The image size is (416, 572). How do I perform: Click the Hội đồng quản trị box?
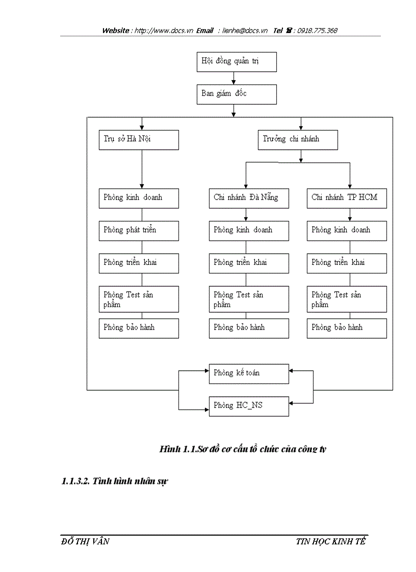click(237, 62)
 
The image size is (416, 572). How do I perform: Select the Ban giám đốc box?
click(237, 94)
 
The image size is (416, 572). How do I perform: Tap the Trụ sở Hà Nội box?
click(139, 140)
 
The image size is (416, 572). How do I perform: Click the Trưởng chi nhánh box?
click(298, 140)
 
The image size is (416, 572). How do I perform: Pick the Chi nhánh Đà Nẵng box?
click(249, 198)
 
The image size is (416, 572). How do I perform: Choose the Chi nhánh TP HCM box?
click(347, 198)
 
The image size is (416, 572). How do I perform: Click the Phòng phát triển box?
click(139, 230)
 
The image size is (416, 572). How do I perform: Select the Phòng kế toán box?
click(249, 373)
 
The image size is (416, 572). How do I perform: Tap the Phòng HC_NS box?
click(249, 406)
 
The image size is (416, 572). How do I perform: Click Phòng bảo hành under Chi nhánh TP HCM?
click(347, 328)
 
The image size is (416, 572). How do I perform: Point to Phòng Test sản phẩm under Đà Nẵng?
click(249, 299)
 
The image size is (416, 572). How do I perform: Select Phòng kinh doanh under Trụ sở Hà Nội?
click(139, 198)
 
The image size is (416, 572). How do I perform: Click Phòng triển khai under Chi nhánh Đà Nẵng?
click(249, 263)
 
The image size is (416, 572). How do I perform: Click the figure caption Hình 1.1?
click(243, 449)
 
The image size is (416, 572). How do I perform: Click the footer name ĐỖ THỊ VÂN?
click(84, 541)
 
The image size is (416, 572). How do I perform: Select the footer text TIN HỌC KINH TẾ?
click(331, 541)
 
